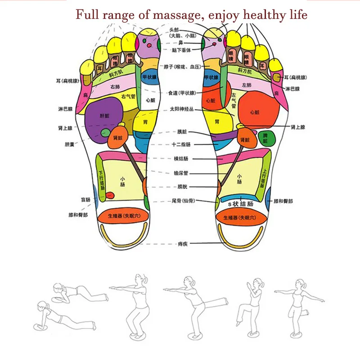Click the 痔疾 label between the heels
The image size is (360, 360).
pyautogui.click(x=182, y=243)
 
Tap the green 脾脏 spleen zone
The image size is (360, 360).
pyautogui.click(x=265, y=138)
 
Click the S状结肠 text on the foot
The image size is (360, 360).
pyautogui.click(x=240, y=204)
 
